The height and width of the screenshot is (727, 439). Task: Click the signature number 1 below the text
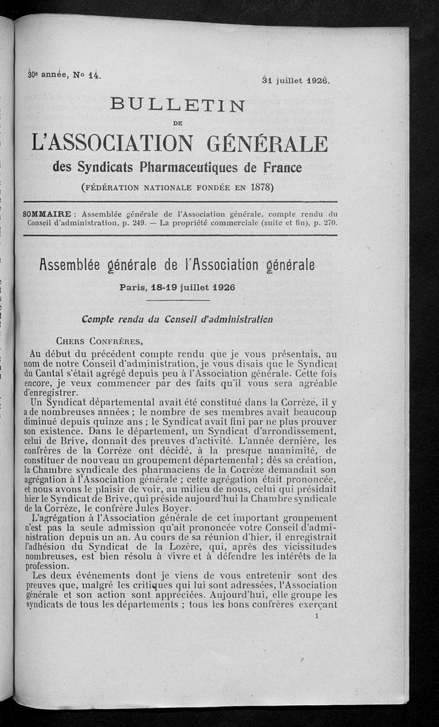(x=317, y=616)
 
